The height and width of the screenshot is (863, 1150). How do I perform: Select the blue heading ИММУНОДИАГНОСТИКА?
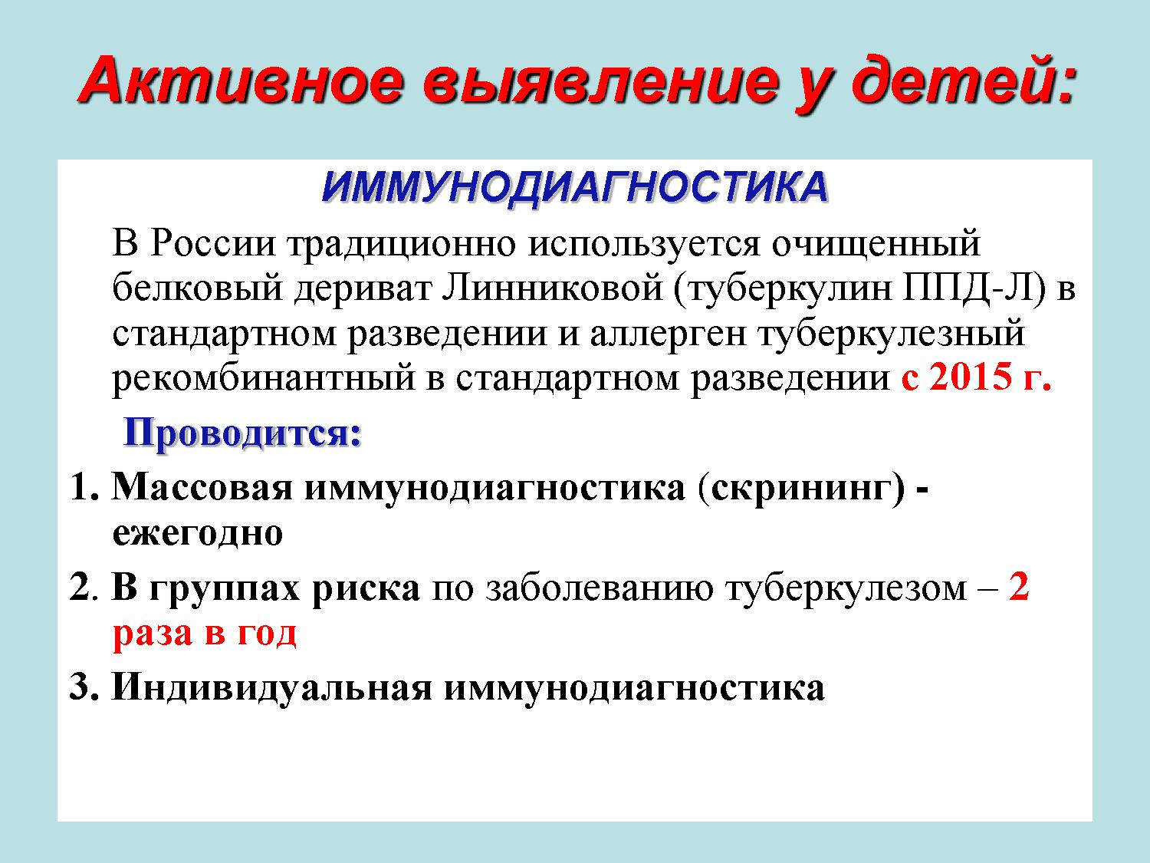(x=575, y=187)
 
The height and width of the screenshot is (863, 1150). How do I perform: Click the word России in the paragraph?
(x=213, y=244)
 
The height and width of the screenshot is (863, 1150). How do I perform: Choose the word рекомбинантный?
(x=264, y=378)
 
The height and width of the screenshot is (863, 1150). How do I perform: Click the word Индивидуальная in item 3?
(x=272, y=687)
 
